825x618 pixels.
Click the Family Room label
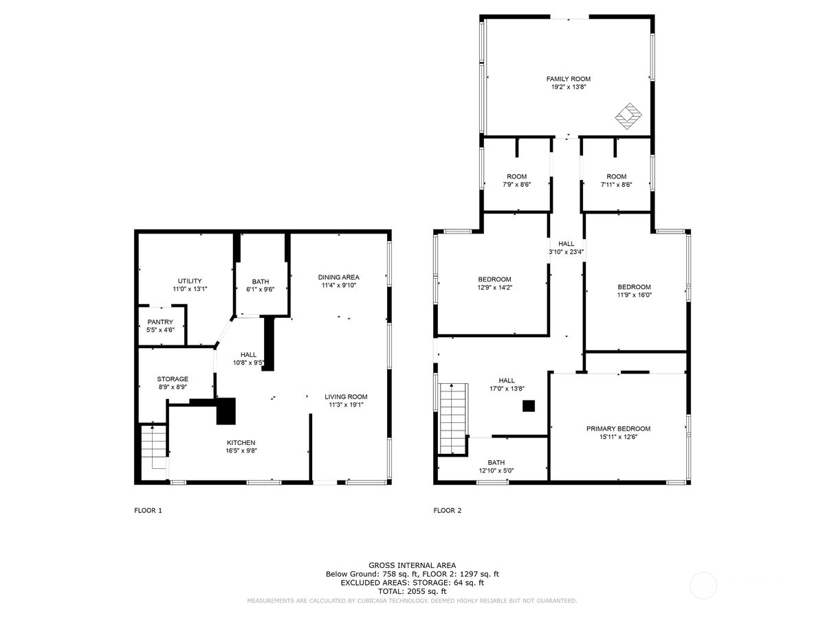[x=568, y=79]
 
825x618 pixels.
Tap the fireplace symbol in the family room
[x=628, y=116]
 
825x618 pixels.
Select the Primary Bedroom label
[x=618, y=428]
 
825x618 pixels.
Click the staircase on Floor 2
[x=453, y=417]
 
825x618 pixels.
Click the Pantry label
[x=159, y=321]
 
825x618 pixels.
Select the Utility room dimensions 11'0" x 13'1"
[x=190, y=289]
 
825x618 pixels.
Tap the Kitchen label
[x=241, y=442]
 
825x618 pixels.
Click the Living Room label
[x=346, y=396]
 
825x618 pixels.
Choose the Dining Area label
[x=338, y=277]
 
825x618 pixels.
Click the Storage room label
[x=173, y=378]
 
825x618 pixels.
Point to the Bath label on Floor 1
[x=261, y=281]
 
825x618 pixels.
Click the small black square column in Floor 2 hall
[x=528, y=406]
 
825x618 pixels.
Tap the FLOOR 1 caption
[x=148, y=510]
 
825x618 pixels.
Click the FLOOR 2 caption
[x=448, y=510]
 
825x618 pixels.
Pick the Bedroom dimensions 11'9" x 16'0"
[x=634, y=295]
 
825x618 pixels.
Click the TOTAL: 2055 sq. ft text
[x=412, y=591]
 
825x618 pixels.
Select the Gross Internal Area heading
[x=412, y=565]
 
